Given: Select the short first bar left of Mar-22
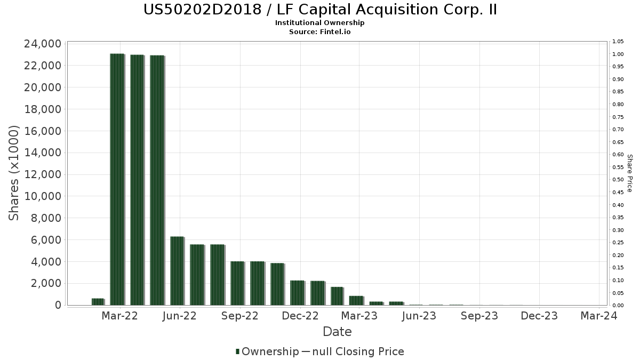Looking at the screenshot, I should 98,302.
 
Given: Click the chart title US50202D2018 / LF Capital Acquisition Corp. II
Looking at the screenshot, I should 320,10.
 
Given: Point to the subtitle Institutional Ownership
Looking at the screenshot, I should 320,23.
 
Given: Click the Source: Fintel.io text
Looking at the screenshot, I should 320,31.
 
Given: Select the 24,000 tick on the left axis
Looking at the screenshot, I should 42,44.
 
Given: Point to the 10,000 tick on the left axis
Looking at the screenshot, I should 42,196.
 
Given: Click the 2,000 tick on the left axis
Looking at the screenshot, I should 45,283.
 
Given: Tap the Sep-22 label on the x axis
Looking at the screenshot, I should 240,316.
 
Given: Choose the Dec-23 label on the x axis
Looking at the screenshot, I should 539,316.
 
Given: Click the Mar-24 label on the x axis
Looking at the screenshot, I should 599,316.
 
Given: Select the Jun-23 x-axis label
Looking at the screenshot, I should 419,316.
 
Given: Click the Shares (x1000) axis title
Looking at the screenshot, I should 14,173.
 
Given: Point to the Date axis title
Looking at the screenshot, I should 337,332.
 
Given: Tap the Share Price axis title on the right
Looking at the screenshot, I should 629,173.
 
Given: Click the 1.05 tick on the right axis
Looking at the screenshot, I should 618,42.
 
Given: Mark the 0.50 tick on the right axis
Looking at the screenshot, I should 618,180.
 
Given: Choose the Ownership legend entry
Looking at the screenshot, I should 267,351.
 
